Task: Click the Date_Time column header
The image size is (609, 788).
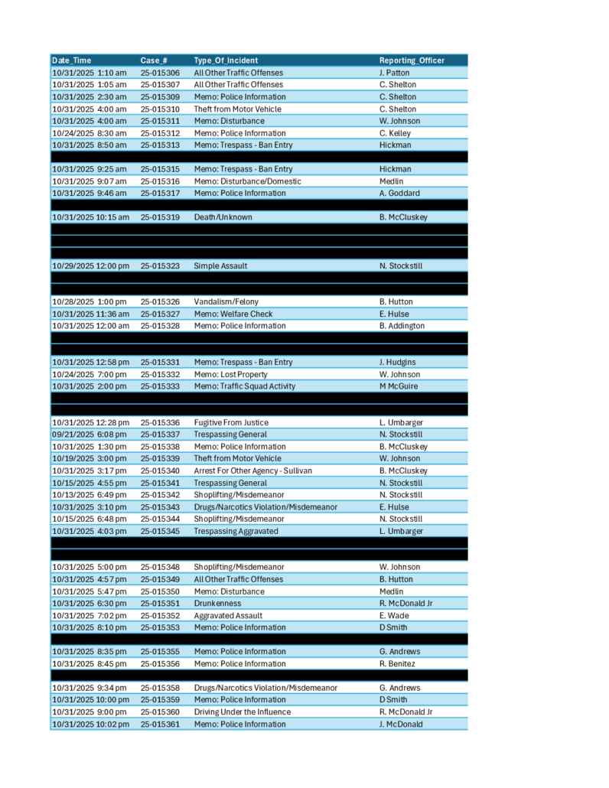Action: [x=71, y=60]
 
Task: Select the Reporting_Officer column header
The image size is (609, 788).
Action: [x=412, y=60]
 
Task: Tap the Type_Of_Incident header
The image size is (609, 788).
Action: [x=226, y=60]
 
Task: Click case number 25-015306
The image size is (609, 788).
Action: [x=160, y=73]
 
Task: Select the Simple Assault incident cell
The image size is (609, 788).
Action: [x=221, y=266]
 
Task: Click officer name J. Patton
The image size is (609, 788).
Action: [x=394, y=73]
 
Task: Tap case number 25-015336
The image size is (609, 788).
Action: [x=160, y=422]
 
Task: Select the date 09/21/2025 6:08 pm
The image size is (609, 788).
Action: [x=89, y=435]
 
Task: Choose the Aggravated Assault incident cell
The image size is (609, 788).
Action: [x=228, y=615]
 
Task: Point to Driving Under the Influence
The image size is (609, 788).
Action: [x=242, y=711]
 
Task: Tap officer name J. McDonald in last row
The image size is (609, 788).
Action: [x=401, y=724]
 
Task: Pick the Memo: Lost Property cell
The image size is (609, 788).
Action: [x=230, y=374]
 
